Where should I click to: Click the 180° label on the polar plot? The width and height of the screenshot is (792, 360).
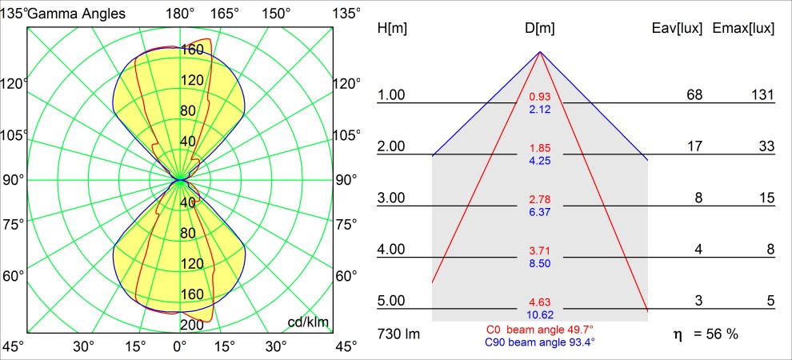point(180,13)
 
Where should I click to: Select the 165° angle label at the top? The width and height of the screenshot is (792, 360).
point(226,13)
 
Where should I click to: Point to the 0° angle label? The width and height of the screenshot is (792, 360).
point(180,346)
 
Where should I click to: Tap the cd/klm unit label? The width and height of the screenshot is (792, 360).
point(308,322)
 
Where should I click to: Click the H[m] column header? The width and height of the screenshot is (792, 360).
point(392,29)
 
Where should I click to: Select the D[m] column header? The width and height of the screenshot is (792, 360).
point(540,29)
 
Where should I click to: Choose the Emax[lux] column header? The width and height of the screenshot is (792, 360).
point(743,29)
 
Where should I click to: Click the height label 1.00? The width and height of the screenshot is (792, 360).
point(392,95)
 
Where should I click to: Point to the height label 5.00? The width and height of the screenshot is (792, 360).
point(392,301)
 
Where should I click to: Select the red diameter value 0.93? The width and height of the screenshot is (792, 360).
point(540,98)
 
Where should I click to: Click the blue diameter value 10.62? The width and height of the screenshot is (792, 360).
point(540,314)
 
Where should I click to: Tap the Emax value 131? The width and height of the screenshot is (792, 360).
point(762,95)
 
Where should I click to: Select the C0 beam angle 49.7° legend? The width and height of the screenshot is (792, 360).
point(540,330)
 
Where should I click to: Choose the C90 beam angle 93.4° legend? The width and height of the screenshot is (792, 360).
point(540,342)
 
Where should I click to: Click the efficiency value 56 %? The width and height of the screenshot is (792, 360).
point(716,334)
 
